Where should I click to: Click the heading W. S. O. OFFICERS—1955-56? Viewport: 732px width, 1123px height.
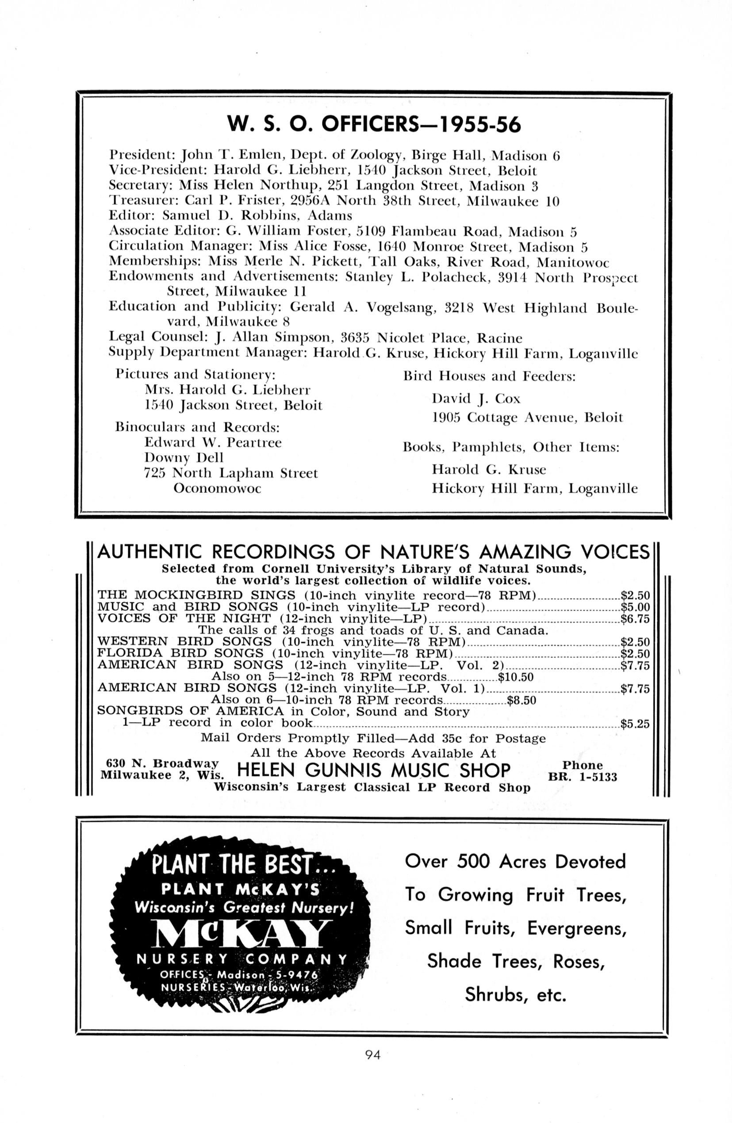point(374,125)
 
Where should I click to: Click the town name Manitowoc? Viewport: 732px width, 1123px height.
point(573,262)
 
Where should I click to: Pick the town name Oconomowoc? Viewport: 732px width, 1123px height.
point(217,488)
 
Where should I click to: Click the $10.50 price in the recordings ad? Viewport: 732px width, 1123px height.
point(516,678)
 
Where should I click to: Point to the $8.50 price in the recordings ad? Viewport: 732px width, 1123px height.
point(521,700)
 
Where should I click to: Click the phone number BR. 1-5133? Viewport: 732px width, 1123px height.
point(583,777)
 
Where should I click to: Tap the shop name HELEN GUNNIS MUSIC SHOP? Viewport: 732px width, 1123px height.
point(374,770)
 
